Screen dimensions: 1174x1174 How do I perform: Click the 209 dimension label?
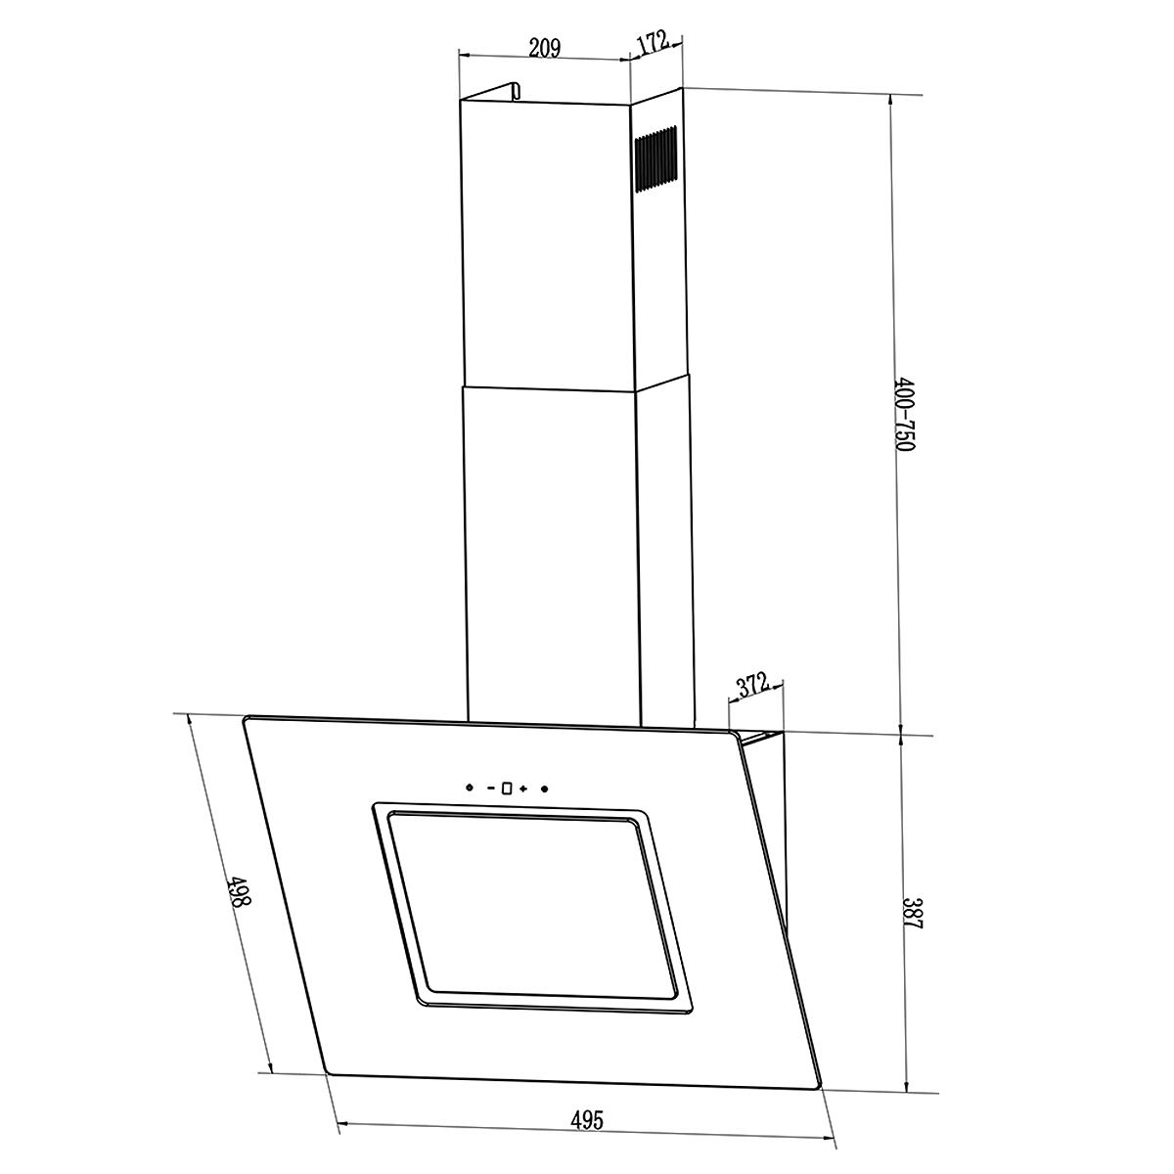click(x=544, y=48)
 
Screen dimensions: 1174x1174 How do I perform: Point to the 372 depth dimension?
click(x=753, y=686)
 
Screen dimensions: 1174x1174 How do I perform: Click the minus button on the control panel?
click(x=491, y=788)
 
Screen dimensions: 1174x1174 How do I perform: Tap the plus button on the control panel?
click(x=523, y=789)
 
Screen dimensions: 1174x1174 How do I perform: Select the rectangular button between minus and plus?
click(x=507, y=789)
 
